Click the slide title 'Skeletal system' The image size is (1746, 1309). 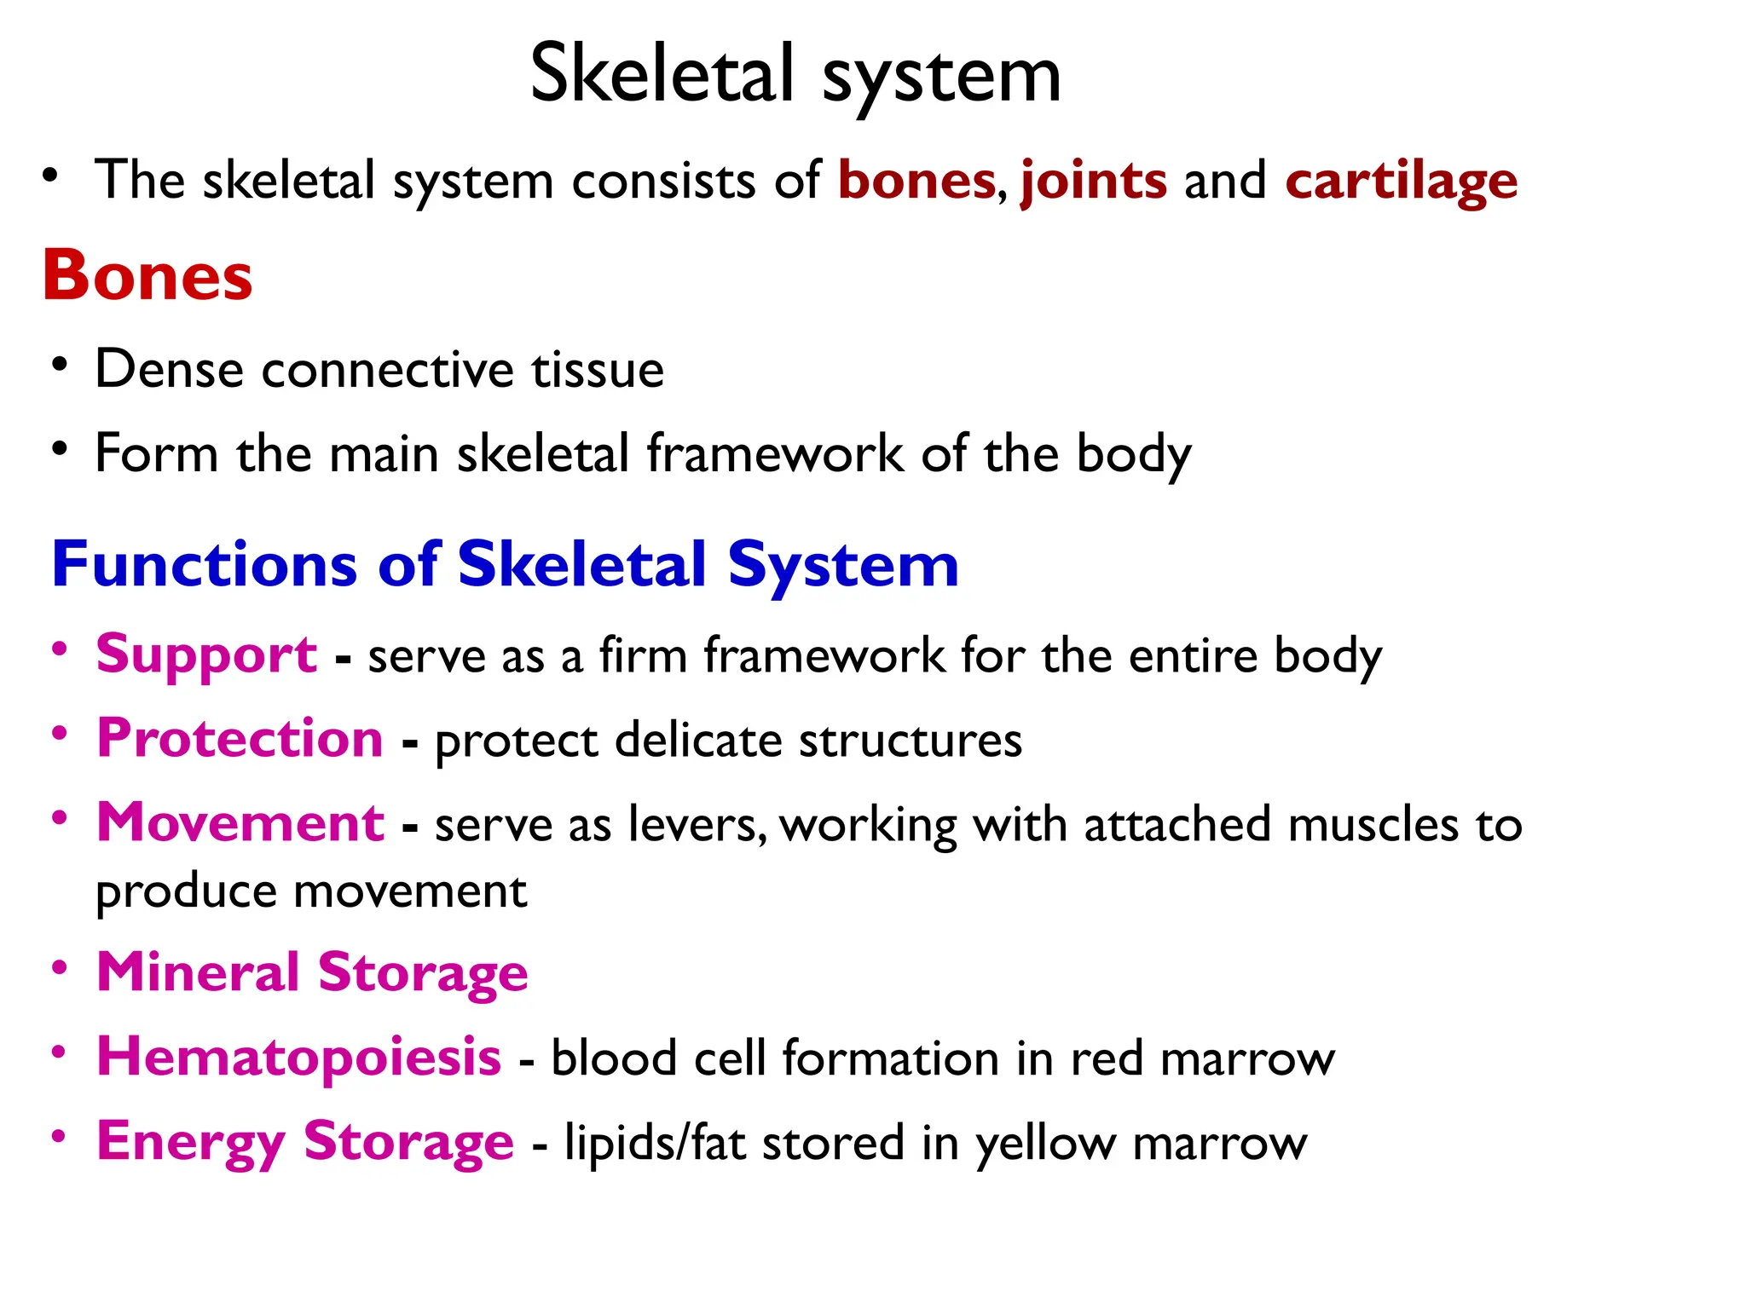click(795, 77)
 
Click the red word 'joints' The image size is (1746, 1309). click(1093, 181)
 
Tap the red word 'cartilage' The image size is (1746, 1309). click(1401, 181)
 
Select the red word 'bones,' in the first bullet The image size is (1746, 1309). click(917, 181)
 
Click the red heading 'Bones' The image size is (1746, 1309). click(147, 276)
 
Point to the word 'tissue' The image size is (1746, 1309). click(598, 370)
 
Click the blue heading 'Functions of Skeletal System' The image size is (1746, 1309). click(505, 565)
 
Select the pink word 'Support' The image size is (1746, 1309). click(206, 654)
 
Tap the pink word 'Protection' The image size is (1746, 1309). click(240, 738)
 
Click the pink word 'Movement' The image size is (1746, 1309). click(240, 823)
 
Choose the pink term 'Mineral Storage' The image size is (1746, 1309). click(312, 972)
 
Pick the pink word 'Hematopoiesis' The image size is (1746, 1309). click(298, 1057)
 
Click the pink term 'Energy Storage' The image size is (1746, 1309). click(305, 1142)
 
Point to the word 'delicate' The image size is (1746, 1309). click(697, 740)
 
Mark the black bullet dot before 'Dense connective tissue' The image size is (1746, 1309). click(59, 365)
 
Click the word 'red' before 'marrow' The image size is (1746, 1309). click(1106, 1059)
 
